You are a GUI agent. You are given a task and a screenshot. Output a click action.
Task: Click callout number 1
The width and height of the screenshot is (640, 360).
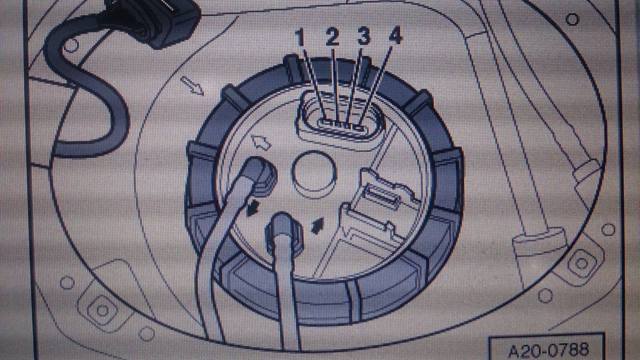tap(300, 37)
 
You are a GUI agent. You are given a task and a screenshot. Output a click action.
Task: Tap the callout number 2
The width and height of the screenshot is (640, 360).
tap(332, 36)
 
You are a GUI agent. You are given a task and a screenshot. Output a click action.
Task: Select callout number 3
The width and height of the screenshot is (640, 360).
tap(364, 36)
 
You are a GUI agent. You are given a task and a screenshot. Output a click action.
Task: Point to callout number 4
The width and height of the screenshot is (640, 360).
tap(396, 35)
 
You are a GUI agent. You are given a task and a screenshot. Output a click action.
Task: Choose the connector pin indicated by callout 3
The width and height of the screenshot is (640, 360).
tap(348, 126)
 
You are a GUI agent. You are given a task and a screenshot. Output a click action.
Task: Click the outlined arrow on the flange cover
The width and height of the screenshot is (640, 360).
tap(260, 142)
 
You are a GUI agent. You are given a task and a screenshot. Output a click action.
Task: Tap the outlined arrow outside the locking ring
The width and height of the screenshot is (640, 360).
tap(192, 86)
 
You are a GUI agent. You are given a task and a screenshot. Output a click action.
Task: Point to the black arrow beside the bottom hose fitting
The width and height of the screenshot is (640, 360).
tap(317, 226)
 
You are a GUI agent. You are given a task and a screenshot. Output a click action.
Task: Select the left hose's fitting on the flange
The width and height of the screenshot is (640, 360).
tap(262, 176)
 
